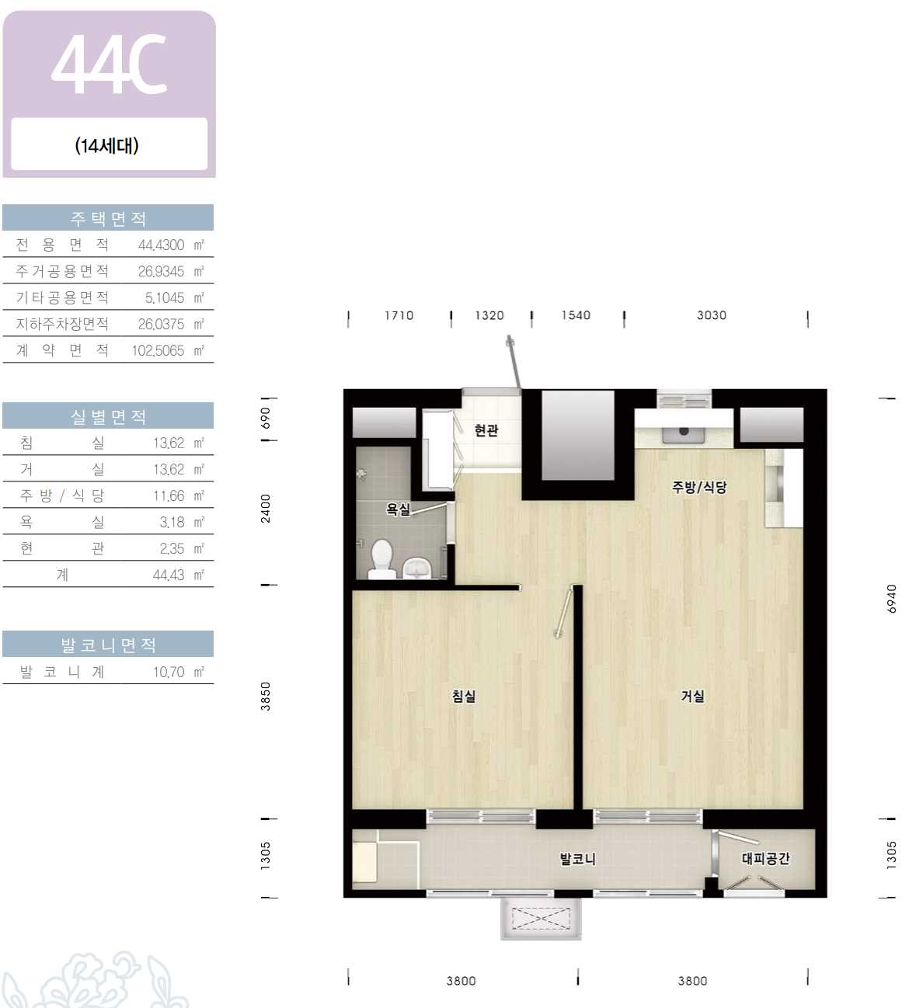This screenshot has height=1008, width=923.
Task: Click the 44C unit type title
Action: click(109, 64)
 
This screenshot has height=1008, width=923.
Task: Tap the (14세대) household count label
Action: click(107, 146)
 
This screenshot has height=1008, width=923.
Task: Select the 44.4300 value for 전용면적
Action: click(162, 245)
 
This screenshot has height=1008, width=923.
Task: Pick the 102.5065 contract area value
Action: click(158, 350)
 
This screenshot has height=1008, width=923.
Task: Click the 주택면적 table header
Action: click(108, 218)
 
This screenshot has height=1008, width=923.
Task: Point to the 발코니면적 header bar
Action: click(108, 645)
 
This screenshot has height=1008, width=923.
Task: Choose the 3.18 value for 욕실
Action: click(172, 522)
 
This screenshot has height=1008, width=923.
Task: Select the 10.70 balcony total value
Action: click(169, 672)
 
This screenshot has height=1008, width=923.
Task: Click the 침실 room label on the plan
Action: click(464, 696)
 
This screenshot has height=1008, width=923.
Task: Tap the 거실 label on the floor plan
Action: click(693, 696)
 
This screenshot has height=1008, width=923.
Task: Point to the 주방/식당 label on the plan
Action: click(699, 487)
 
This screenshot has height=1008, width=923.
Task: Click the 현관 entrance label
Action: click(486, 430)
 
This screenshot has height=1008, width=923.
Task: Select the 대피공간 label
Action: click(765, 858)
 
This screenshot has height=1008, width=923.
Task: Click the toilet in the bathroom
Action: click(381, 558)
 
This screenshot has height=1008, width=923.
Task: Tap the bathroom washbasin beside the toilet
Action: click(417, 568)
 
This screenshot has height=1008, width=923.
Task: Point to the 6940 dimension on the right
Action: click(891, 599)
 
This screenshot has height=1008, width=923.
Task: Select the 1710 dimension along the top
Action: click(399, 315)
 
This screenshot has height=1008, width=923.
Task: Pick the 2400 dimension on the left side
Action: click(266, 509)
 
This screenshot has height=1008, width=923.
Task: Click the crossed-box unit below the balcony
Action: click(541, 919)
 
